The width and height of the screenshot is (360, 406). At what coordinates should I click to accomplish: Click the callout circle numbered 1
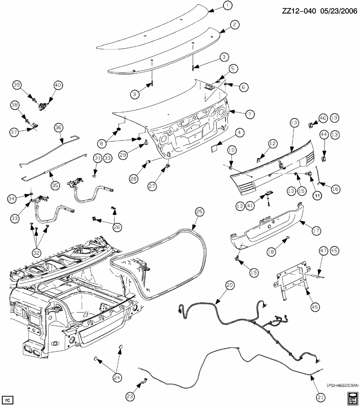coord(228,5)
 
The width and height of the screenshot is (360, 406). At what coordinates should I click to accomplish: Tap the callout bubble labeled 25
coord(198,211)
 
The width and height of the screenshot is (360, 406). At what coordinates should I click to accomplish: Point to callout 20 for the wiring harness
coord(229,285)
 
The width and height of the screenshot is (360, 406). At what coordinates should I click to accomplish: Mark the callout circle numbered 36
coord(58,127)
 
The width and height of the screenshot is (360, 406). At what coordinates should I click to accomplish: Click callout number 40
coord(58,85)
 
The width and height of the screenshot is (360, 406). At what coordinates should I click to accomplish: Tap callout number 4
coord(239,133)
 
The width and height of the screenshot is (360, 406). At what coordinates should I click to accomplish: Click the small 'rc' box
coord(7,399)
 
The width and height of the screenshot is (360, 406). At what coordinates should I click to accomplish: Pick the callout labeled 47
coord(323,251)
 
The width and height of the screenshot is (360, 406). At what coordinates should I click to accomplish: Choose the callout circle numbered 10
coord(232,150)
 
